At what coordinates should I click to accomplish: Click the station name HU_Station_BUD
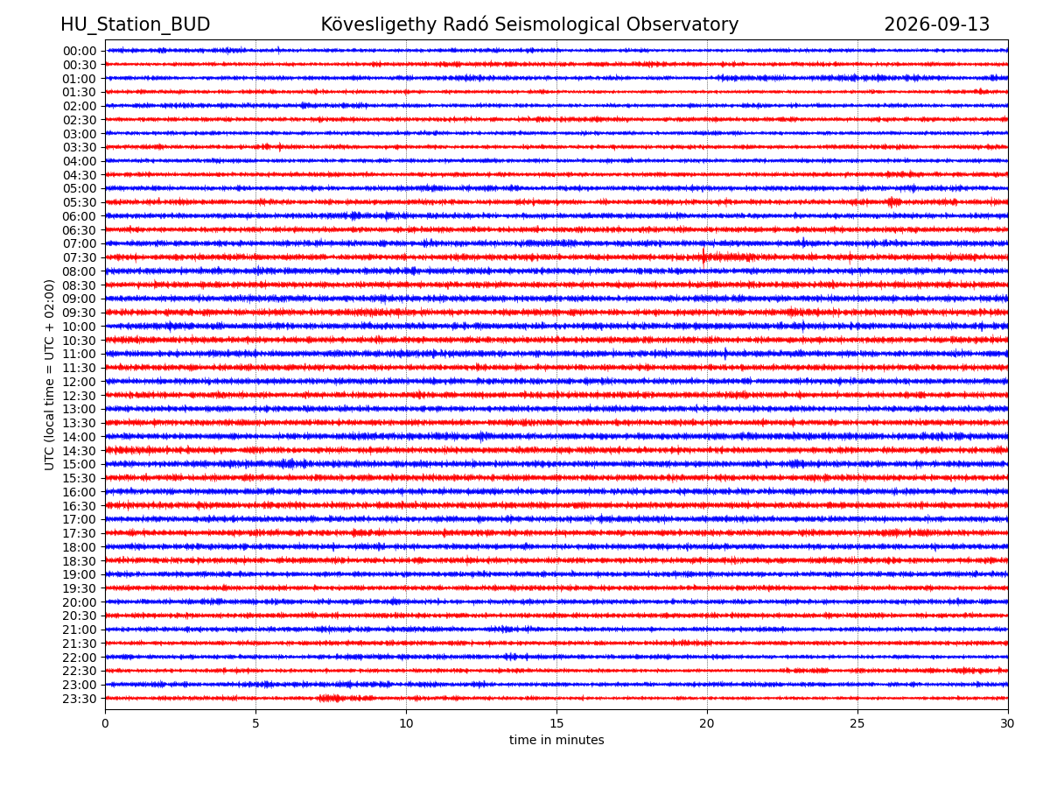[135, 25]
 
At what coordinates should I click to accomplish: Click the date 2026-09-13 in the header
[936, 25]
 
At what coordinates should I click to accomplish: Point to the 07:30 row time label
[80, 258]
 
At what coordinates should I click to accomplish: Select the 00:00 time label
[80, 51]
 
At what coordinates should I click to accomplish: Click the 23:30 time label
[80, 699]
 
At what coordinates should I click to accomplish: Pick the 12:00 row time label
[80, 382]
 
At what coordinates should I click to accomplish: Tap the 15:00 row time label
[80, 464]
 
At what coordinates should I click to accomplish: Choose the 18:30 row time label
[80, 560]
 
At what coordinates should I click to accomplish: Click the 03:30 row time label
[80, 147]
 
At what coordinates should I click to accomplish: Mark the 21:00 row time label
[80, 630]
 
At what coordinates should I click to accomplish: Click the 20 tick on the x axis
[706, 723]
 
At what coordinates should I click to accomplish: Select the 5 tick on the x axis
[255, 723]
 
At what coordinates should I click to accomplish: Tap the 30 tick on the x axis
[1007, 723]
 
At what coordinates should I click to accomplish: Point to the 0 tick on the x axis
[105, 723]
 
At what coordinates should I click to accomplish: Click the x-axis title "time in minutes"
[556, 740]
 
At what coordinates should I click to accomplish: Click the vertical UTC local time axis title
[49, 375]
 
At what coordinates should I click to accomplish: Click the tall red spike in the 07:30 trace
[703, 257]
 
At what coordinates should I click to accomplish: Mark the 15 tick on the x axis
[556, 723]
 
